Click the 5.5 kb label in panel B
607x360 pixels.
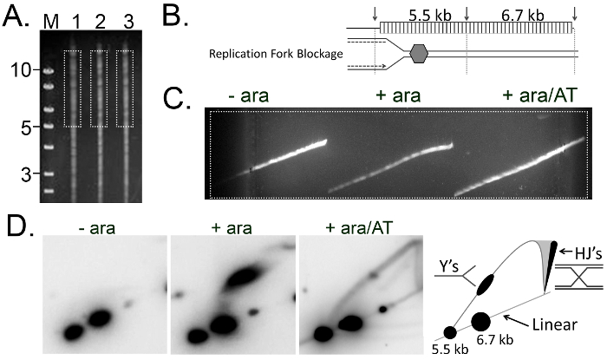421,14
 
